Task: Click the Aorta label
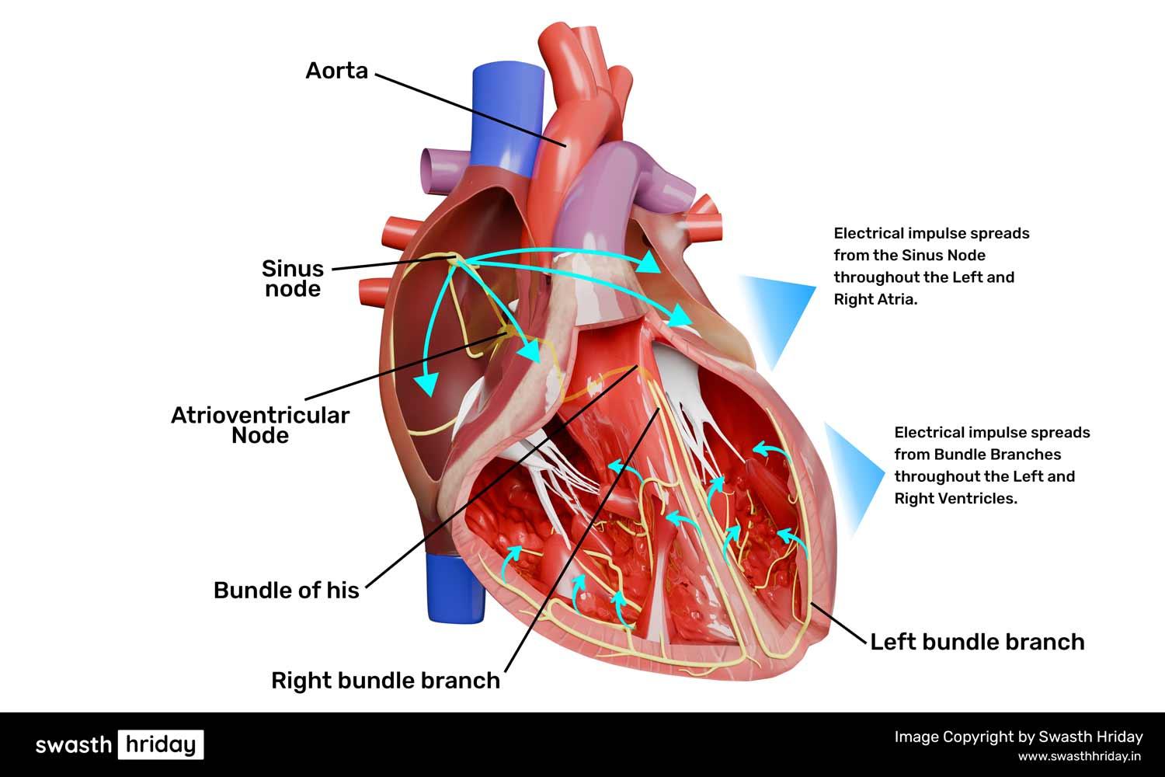(336, 71)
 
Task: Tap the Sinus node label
(293, 279)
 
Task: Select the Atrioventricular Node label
(260, 425)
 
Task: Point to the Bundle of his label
(287, 591)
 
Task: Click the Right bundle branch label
(385, 681)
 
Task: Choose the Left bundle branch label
(977, 642)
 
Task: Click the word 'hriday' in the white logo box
(161, 744)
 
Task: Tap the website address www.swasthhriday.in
(1080, 755)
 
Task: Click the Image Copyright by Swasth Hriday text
(1018, 737)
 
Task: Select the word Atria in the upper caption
(898, 299)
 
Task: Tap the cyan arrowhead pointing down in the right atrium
(425, 382)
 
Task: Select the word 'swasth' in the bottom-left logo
(74, 744)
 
